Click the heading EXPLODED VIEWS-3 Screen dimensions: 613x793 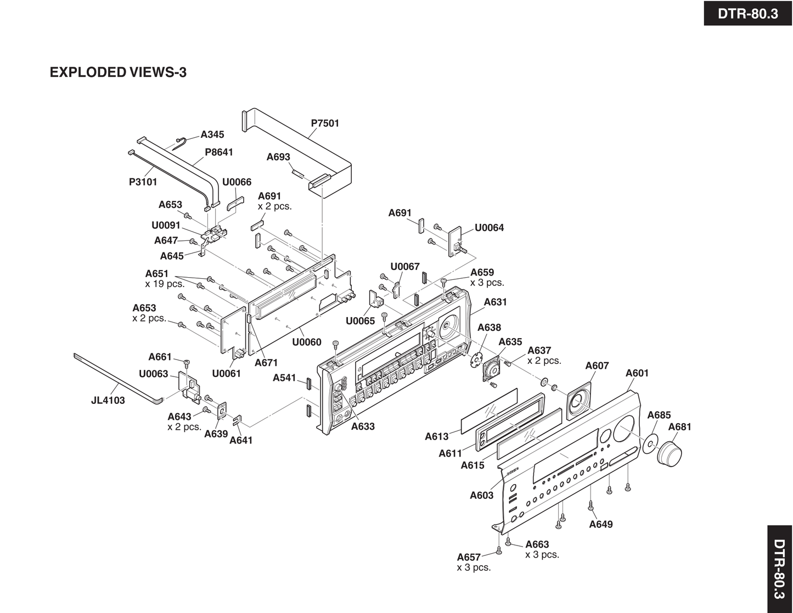coord(118,72)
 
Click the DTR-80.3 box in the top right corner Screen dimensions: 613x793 coord(747,13)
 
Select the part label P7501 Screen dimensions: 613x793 coord(325,123)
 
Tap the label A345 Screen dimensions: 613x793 coord(212,134)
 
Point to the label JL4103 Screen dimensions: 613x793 coord(108,401)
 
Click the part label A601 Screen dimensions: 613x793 coord(637,373)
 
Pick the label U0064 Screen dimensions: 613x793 coord(489,228)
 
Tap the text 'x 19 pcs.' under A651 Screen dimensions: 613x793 coord(165,284)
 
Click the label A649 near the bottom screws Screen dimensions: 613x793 coord(600,524)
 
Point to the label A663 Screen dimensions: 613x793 coord(537,544)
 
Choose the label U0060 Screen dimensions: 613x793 coord(306,342)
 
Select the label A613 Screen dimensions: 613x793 coord(436,437)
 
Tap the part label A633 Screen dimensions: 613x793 coord(363,426)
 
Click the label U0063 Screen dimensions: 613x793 coord(153,374)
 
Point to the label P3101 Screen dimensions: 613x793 coord(143,182)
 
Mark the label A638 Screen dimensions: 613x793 coord(489,328)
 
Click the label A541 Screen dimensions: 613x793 coord(284,378)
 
